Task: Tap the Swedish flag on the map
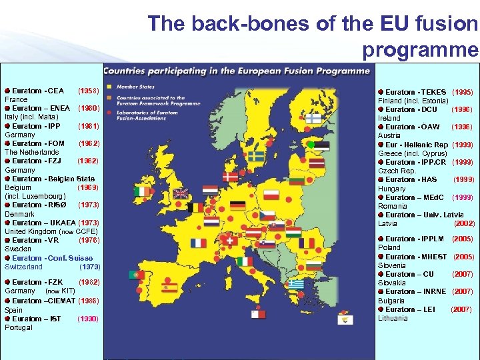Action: tap(256, 156)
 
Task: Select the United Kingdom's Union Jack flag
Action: tap(181, 193)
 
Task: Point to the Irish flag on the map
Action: tap(142, 191)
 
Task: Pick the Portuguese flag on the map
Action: tap(137, 274)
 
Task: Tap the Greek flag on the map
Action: tap(296, 285)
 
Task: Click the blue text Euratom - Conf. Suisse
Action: tap(52, 258)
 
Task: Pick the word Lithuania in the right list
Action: tap(393, 318)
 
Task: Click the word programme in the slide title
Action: tap(420, 50)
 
